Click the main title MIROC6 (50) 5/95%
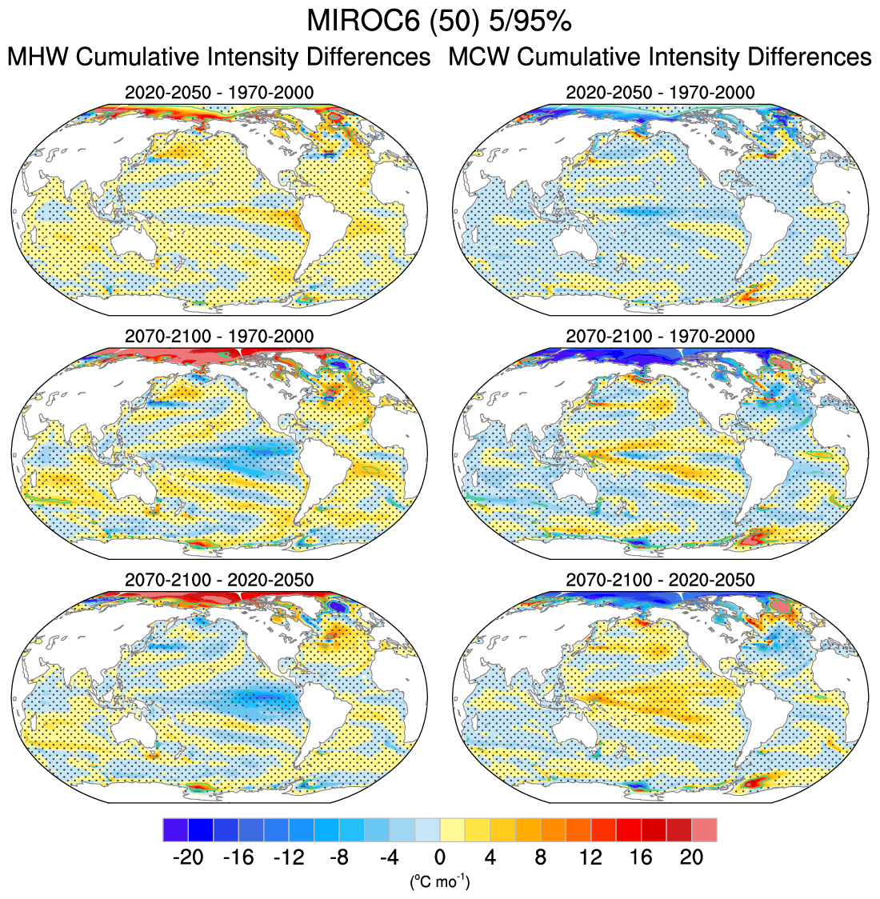[x=439, y=22]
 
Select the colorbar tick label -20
[x=188, y=857]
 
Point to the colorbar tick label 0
[x=439, y=857]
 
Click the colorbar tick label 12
[x=590, y=857]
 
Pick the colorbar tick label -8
[x=338, y=857]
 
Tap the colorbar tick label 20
[x=691, y=857]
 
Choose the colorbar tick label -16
[x=238, y=857]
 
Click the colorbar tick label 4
[x=490, y=857]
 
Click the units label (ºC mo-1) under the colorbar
[x=439, y=882]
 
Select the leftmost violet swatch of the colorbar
[x=175, y=829]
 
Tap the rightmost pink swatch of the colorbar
[x=704, y=829]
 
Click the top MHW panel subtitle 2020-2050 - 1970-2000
[x=219, y=93]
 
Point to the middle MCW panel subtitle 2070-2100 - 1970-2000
[x=660, y=336]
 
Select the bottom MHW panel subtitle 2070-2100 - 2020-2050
[x=219, y=579]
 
